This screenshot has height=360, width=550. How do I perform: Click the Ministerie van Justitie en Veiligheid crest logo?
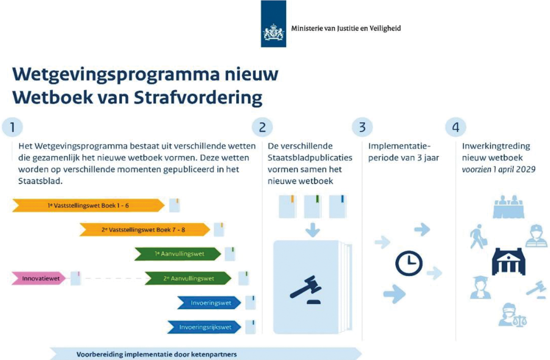[x=273, y=24]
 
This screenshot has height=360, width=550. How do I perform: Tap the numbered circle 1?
[x=12, y=127]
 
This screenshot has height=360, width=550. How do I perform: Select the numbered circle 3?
[x=362, y=127]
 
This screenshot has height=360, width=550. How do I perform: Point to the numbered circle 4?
[x=456, y=127]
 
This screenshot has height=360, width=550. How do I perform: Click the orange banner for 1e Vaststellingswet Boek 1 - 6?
[x=88, y=205]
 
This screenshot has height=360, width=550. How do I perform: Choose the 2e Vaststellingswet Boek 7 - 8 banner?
[x=145, y=230]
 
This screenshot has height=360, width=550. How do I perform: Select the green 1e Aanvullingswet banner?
[x=178, y=254]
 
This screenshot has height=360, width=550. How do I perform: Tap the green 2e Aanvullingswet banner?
[x=188, y=278]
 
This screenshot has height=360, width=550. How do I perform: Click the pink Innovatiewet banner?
[x=39, y=278]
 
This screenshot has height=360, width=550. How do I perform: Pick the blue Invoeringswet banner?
[x=209, y=302]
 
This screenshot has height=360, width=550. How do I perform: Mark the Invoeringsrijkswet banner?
[x=204, y=327]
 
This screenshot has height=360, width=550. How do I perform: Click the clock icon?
[x=409, y=263]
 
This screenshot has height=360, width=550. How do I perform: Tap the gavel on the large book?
[x=306, y=290]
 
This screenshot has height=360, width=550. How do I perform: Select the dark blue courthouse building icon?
[x=509, y=261]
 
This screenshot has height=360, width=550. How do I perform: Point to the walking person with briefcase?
[x=478, y=236]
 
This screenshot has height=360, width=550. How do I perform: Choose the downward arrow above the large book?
[x=312, y=230]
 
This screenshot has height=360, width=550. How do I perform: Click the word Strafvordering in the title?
[x=198, y=97]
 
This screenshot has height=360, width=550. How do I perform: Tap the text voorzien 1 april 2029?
[x=498, y=169]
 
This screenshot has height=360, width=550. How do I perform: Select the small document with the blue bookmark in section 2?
[x=337, y=206]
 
